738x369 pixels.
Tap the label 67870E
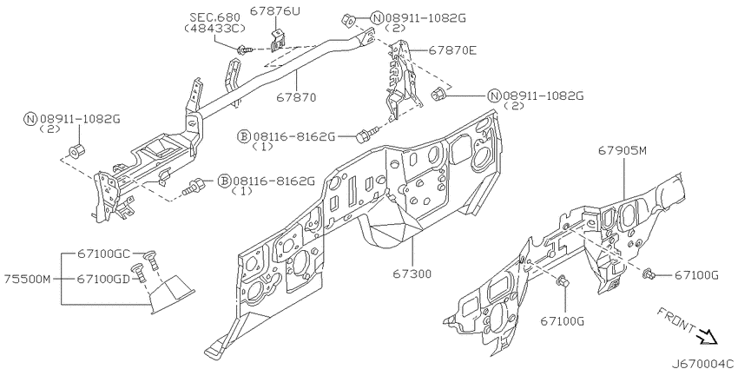(x=451, y=51)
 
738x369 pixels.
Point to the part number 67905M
(x=623, y=150)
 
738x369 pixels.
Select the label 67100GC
(x=102, y=253)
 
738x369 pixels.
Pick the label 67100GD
(x=102, y=279)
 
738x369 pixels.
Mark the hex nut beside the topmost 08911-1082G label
(x=345, y=18)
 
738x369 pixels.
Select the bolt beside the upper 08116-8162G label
(x=363, y=136)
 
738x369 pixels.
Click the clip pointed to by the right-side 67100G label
(x=648, y=274)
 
